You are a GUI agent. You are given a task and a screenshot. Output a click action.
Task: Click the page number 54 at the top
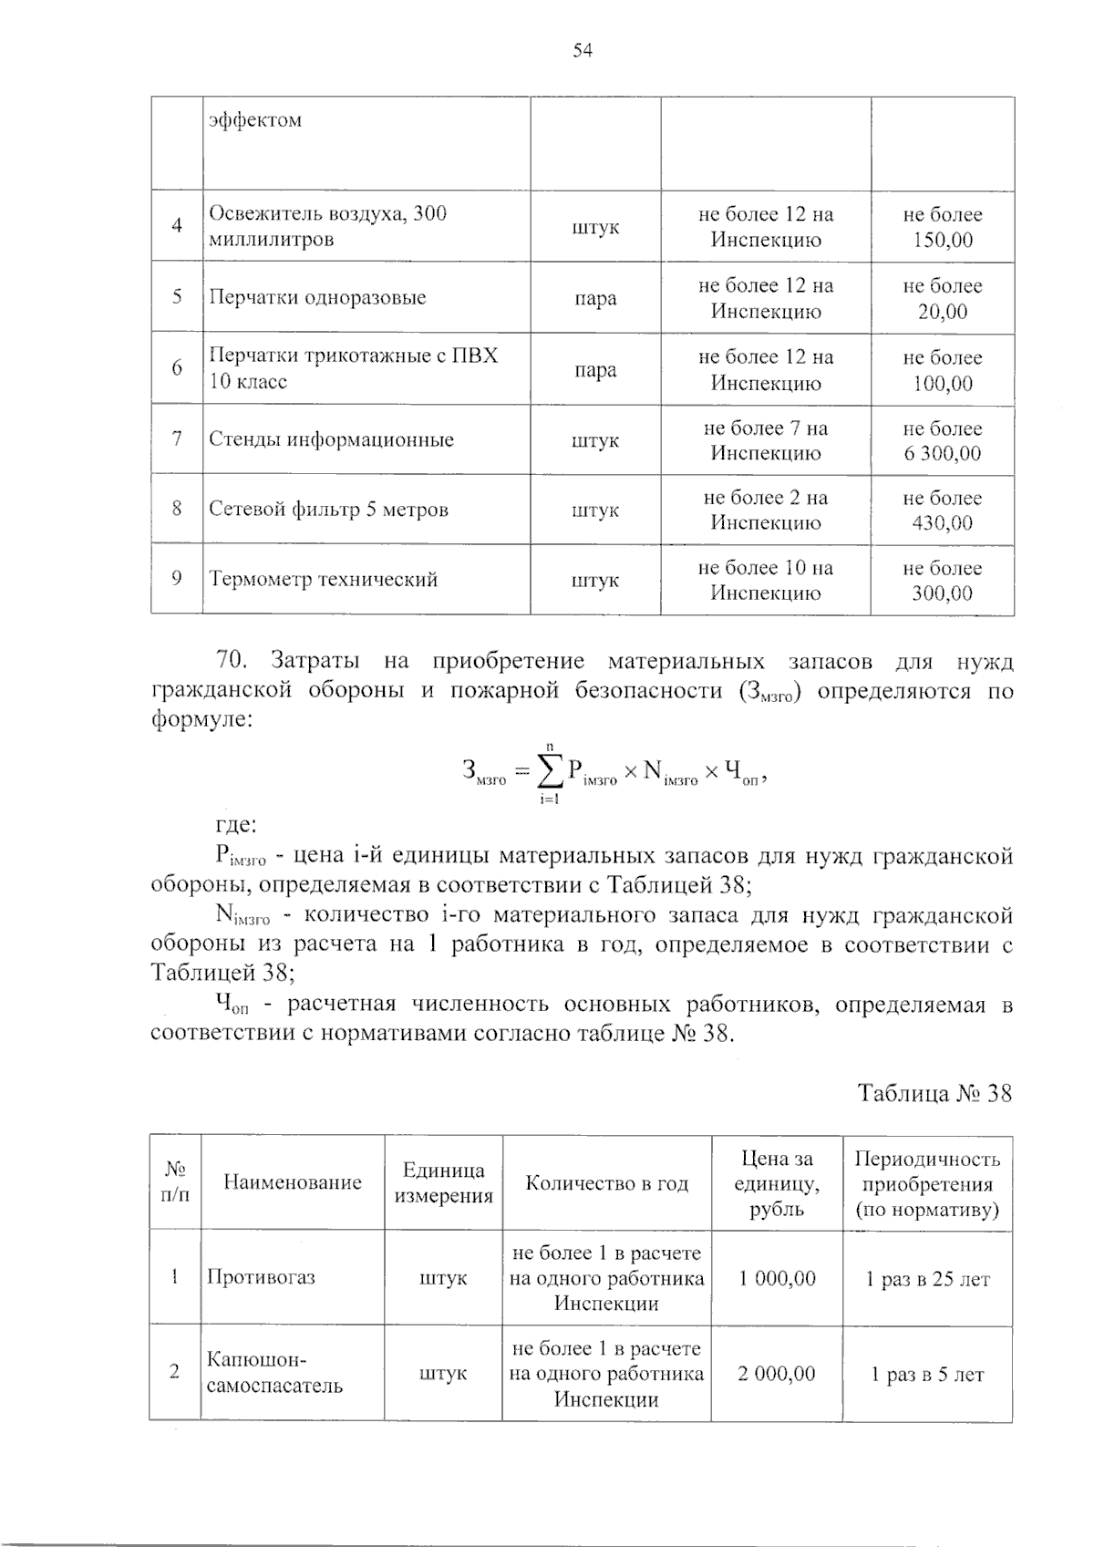(583, 51)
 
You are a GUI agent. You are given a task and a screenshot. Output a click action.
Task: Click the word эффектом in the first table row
(255, 120)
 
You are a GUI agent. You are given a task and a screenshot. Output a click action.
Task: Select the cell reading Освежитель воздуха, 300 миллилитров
(328, 226)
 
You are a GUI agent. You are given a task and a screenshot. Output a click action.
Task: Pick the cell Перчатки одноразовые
(317, 298)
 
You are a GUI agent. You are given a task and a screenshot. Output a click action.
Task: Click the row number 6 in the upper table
(177, 368)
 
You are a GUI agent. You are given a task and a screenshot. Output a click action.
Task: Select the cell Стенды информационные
(332, 439)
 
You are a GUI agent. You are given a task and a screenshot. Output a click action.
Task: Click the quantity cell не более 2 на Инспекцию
(765, 510)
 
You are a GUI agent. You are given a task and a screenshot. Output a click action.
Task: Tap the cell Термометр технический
(324, 580)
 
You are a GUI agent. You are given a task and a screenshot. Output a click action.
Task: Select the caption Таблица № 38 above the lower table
(934, 1093)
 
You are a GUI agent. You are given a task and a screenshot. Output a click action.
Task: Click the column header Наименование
(293, 1183)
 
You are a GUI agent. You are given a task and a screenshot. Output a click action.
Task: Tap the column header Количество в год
(606, 1183)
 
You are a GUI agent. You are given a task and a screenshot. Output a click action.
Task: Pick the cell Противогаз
(261, 1277)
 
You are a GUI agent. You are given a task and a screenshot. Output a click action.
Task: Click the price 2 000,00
(777, 1374)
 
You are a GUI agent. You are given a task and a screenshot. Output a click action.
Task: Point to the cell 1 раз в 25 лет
(927, 1279)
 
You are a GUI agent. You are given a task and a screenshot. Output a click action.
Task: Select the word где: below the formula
(236, 826)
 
